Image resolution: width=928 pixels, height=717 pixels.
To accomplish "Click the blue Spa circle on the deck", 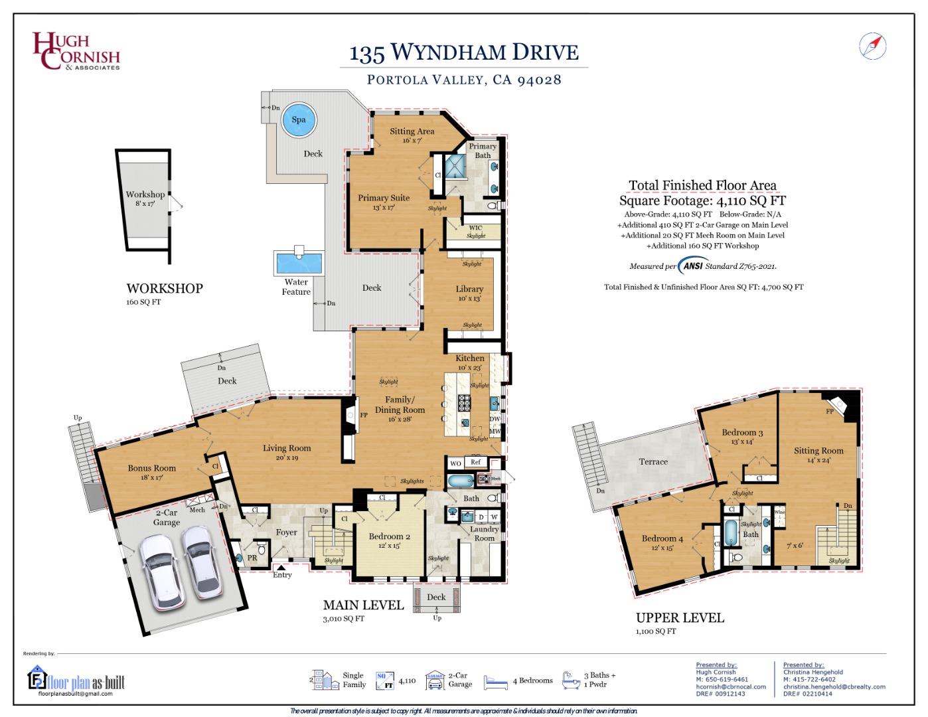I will click(299, 119).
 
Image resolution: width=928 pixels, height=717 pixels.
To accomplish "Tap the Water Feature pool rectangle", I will click(299, 264).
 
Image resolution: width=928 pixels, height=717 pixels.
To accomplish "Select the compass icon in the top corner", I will click(872, 46).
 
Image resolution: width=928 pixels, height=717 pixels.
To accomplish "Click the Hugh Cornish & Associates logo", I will click(76, 52).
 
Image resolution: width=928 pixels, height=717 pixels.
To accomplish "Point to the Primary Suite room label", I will click(384, 198).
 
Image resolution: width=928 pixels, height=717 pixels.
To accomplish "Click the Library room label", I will click(469, 289).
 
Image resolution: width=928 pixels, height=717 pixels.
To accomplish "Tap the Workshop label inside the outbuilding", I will click(145, 195).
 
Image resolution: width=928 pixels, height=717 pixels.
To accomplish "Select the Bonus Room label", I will click(152, 468).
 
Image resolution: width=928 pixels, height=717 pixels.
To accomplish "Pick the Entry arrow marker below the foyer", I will click(281, 568).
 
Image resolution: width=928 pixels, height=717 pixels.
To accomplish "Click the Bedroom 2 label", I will click(390, 536).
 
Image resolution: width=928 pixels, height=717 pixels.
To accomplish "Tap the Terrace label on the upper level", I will click(653, 461).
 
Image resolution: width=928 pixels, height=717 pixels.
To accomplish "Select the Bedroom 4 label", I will click(662, 538).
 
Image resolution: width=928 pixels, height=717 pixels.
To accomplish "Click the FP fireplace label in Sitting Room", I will click(830, 412).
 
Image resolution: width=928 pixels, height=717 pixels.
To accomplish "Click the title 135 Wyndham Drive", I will click(464, 52).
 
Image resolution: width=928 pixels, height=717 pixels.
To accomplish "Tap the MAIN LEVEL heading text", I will click(363, 605).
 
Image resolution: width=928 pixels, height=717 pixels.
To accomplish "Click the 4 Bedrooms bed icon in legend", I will click(496, 681).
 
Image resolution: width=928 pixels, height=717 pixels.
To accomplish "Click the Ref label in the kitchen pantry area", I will click(475, 463).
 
